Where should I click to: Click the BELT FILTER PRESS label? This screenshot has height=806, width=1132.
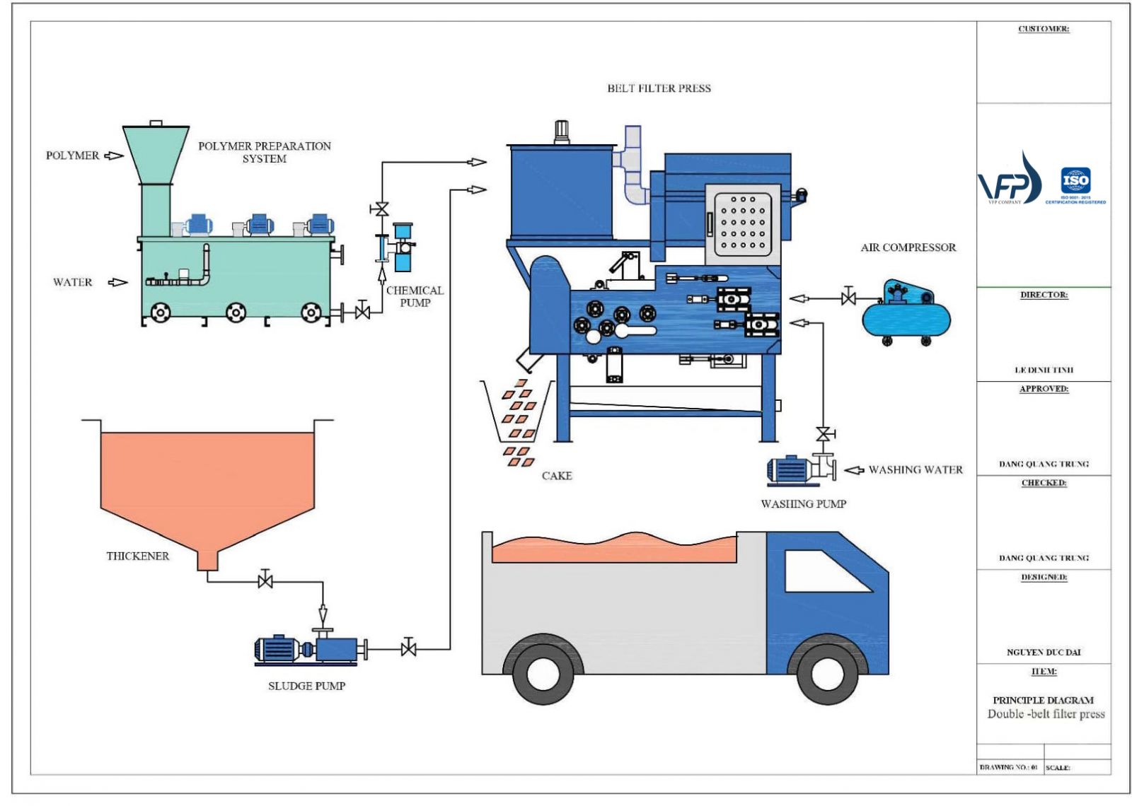(x=659, y=88)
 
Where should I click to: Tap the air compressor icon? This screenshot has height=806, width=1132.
(x=906, y=315)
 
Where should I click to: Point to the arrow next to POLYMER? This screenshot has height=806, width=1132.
(x=113, y=156)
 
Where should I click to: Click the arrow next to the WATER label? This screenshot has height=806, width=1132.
(x=117, y=282)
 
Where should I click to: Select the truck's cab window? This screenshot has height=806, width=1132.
(x=826, y=571)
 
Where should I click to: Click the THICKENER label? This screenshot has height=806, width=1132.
(x=138, y=556)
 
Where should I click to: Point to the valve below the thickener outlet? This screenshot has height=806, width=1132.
(x=265, y=581)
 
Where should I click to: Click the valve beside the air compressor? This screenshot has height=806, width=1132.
(x=848, y=298)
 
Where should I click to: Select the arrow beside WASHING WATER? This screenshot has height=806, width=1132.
(x=854, y=470)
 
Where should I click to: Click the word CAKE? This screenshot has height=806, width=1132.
(x=557, y=476)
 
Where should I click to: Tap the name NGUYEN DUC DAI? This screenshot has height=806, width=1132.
(x=1044, y=652)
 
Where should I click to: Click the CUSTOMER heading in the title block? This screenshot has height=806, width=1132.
(x=1044, y=29)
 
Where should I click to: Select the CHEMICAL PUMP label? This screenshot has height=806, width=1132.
(x=415, y=296)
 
